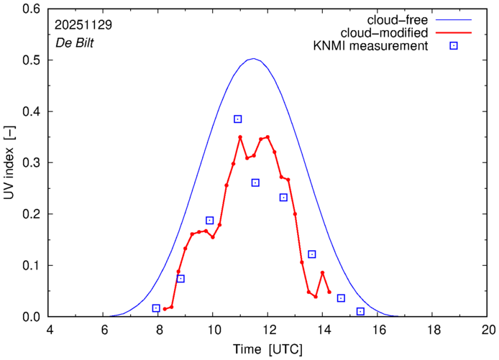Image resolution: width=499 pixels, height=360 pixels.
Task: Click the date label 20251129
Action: (82, 24)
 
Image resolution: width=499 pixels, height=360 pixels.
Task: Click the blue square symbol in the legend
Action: (453, 46)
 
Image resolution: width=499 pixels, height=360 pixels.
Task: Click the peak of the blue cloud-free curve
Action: (253, 59)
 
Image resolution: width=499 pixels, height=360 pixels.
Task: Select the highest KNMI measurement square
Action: (238, 119)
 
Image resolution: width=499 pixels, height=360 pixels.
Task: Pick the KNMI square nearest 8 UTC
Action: (156, 308)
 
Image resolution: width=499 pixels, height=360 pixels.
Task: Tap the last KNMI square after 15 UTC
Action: (360, 311)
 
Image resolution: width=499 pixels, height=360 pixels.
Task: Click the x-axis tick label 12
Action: (267, 331)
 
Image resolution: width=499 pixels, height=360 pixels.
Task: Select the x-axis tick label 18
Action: (433, 331)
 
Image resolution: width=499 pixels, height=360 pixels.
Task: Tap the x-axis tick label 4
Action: (50, 331)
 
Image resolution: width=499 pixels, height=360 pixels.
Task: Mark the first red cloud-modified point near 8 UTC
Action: (165, 309)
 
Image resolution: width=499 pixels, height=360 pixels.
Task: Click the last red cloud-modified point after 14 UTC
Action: (329, 292)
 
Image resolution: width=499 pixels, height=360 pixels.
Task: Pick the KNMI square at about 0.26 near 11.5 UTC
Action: (255, 183)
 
